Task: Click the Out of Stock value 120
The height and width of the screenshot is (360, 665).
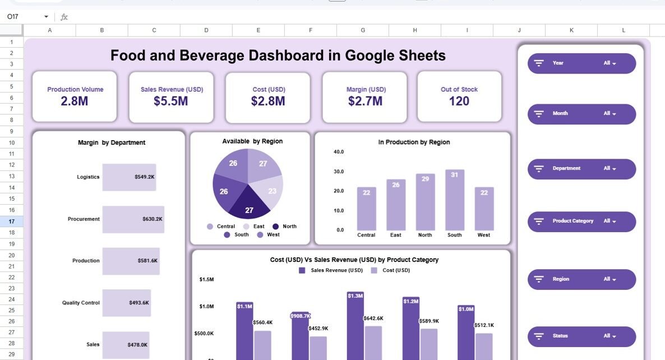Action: pyautogui.click(x=459, y=101)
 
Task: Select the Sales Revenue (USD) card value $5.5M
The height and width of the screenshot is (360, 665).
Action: pyautogui.click(x=172, y=101)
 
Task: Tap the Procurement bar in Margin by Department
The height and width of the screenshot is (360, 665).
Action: pyautogui.click(x=133, y=219)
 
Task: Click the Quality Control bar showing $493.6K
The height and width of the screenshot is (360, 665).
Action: pyautogui.click(x=126, y=303)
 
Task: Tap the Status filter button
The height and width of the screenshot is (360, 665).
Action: pyautogui.click(x=581, y=336)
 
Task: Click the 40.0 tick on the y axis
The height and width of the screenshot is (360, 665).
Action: pyautogui.click(x=339, y=152)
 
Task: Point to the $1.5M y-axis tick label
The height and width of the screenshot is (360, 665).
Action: pyautogui.click(x=206, y=279)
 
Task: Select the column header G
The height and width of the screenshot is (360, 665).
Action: pyautogui.click(x=363, y=30)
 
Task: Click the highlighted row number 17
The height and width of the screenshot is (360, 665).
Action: pyautogui.click(x=11, y=221)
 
